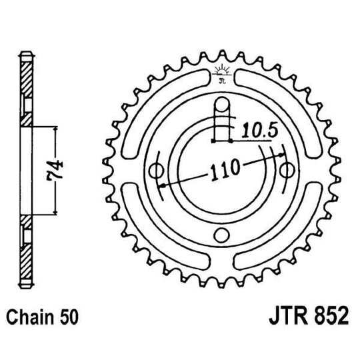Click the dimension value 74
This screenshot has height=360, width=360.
[58, 171]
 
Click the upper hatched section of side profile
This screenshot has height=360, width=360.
[25, 87]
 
